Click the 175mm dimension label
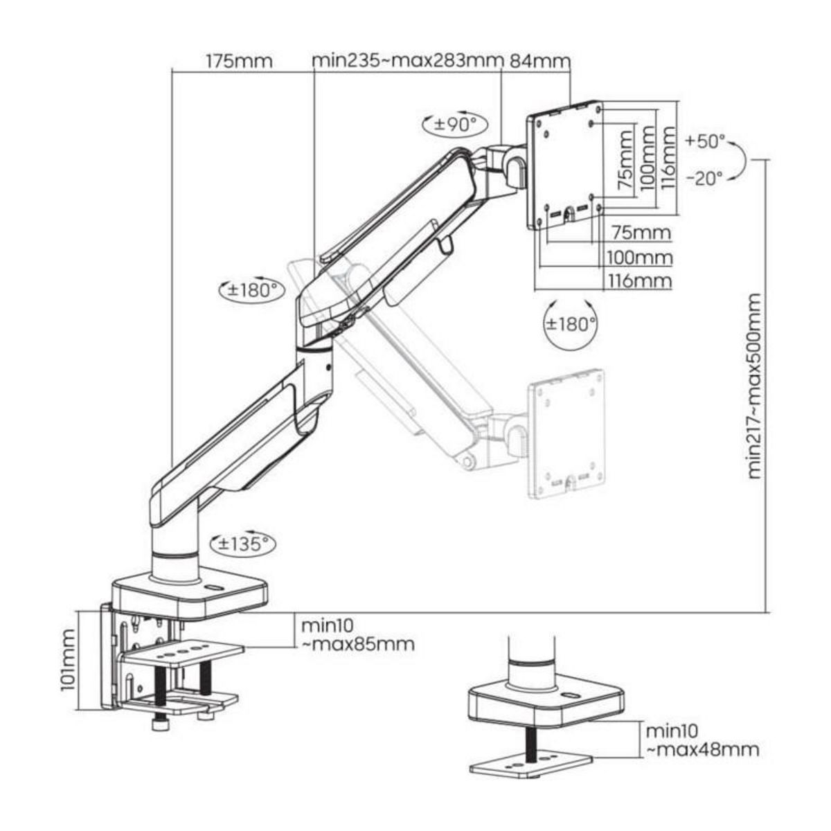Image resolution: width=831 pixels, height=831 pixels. [x=239, y=61]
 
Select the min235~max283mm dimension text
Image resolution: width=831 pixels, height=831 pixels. [x=406, y=60]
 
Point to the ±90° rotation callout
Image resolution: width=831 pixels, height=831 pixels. [x=456, y=125]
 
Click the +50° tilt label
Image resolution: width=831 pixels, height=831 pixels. [x=705, y=142]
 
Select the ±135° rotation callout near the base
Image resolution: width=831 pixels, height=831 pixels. [x=242, y=544]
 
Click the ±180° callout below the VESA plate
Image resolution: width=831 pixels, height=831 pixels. [x=569, y=323]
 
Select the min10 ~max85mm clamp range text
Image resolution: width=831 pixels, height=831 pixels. [x=357, y=635]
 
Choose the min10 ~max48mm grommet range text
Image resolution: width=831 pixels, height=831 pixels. [x=702, y=740]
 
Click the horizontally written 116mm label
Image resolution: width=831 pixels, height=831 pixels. [x=639, y=280]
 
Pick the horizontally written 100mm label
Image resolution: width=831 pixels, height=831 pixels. [x=639, y=258]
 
